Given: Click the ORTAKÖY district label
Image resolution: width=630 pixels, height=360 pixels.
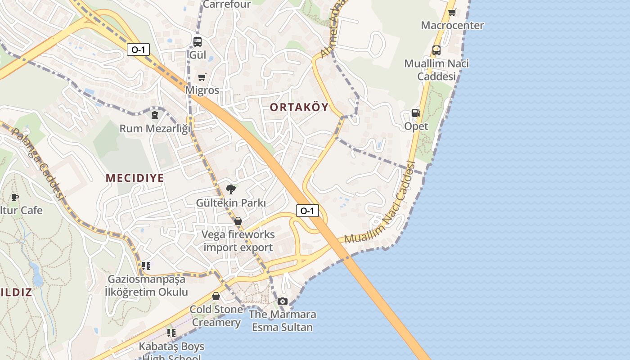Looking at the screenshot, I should click(x=299, y=107).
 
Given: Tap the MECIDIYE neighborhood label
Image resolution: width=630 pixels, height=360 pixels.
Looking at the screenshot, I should click(x=135, y=178).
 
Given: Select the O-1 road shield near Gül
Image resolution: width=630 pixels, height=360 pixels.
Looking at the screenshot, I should click(x=138, y=49).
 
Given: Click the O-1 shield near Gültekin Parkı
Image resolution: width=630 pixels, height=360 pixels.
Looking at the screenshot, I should click(x=307, y=210).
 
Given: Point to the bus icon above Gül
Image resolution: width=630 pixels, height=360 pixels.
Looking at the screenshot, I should click(x=198, y=42).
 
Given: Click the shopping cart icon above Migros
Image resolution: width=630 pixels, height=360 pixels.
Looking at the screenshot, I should click(x=202, y=77).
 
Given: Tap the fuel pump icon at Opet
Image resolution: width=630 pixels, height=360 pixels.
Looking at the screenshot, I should click(x=416, y=113).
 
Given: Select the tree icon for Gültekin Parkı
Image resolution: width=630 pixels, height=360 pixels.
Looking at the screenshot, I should click(x=231, y=189).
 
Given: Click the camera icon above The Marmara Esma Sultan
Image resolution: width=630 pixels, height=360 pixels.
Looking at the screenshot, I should click(x=283, y=301).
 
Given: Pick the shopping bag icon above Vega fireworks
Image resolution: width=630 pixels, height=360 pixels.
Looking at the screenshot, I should click(x=238, y=221).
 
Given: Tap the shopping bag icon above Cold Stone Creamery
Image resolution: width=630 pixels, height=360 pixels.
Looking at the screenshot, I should click(x=216, y=296).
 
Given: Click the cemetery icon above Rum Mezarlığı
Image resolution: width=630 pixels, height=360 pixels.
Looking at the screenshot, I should click(x=155, y=115).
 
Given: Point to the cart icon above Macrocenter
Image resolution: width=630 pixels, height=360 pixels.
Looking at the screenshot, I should click(x=452, y=12).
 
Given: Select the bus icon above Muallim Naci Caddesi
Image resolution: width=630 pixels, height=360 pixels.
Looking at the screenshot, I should click(x=436, y=50).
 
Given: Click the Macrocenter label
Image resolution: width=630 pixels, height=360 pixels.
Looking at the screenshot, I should click(x=452, y=25).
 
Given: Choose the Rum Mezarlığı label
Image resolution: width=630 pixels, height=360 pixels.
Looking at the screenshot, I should click(x=155, y=129).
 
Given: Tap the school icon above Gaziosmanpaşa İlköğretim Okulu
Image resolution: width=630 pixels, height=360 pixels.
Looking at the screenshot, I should click(x=146, y=266).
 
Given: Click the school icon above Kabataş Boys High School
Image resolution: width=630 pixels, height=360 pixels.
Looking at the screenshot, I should click(x=171, y=333).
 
